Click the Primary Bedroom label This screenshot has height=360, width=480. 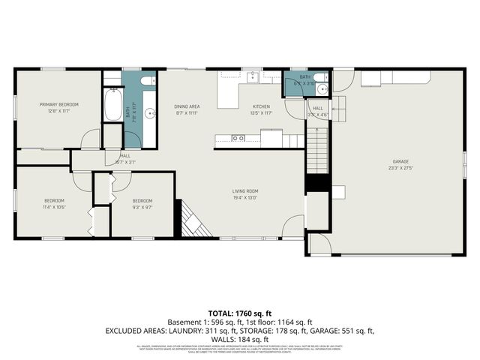58,104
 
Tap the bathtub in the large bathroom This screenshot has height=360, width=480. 112,104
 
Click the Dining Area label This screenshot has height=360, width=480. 187,106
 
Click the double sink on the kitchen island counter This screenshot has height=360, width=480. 238,138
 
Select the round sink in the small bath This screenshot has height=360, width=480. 322,89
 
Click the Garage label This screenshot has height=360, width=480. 401,160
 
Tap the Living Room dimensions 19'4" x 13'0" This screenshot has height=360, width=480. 244,198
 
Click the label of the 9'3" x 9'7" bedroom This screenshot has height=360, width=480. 142,200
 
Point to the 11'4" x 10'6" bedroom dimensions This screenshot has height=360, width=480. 53,206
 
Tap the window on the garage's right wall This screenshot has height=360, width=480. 464,162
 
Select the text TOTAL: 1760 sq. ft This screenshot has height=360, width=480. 239,313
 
